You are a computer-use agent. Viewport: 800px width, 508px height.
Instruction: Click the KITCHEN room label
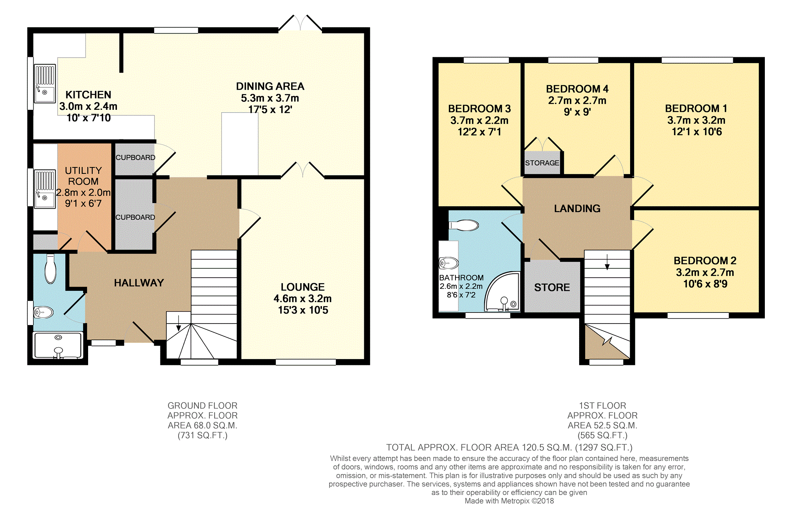click(x=88, y=95)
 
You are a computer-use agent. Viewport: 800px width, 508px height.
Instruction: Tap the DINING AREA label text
click(x=270, y=87)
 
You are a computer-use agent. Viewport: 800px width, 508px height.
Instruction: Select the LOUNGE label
click(x=303, y=287)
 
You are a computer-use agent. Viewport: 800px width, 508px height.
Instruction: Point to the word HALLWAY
click(x=139, y=283)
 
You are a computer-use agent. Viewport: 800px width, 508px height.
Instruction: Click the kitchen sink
click(x=45, y=83)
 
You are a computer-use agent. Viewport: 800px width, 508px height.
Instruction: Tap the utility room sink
click(x=45, y=189)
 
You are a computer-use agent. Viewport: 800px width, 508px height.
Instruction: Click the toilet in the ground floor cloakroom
click(x=51, y=269)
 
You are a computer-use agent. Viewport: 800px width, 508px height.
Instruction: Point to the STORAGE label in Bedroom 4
click(x=542, y=163)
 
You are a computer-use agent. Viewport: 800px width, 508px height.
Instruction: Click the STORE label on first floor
click(x=552, y=288)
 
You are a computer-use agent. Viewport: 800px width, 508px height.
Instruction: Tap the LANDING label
click(x=577, y=209)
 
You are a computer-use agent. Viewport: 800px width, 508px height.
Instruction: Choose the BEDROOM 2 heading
click(x=705, y=261)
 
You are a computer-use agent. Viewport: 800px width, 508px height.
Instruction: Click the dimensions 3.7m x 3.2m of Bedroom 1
click(x=696, y=120)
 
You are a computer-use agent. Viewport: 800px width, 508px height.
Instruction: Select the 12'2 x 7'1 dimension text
click(x=480, y=132)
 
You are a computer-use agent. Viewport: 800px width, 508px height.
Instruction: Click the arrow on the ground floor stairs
click(x=179, y=323)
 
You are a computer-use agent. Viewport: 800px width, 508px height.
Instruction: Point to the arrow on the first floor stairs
click(x=607, y=262)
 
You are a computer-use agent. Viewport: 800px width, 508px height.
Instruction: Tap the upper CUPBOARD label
click(x=135, y=158)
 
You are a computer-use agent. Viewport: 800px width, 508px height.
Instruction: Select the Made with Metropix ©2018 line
click(x=509, y=501)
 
